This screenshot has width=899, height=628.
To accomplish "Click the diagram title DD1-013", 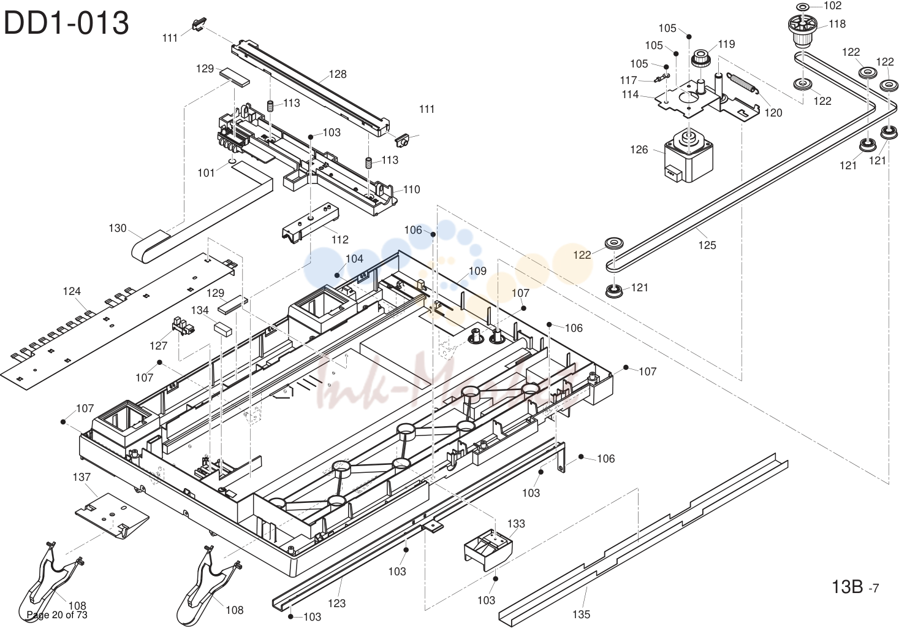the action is point(66,23).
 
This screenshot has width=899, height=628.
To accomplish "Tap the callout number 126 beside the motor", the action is point(639,150).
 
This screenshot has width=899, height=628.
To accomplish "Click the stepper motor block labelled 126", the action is point(689,155).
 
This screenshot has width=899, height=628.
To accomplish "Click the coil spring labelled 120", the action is point(743,84).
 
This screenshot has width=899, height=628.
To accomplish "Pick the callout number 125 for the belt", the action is point(707,245).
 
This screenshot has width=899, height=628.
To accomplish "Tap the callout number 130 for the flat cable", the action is point(118,228).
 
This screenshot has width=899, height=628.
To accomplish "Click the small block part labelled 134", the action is point(224,329).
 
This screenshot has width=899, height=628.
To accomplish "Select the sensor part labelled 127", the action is point(183,326).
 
